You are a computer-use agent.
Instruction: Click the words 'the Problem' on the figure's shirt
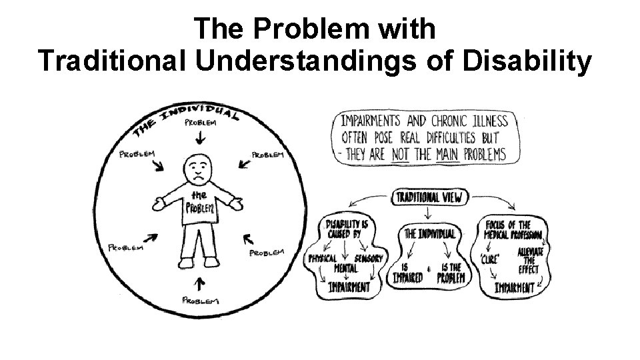click(x=200, y=202)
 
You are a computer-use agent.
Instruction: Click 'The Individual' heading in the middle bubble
click(x=430, y=234)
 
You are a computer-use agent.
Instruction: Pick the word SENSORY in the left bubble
click(x=369, y=258)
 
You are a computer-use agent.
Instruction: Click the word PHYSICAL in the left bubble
click(x=323, y=258)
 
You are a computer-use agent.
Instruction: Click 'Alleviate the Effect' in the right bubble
click(x=531, y=259)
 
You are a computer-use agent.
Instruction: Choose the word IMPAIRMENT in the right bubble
click(x=514, y=288)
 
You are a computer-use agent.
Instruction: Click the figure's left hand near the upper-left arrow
click(x=160, y=201)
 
